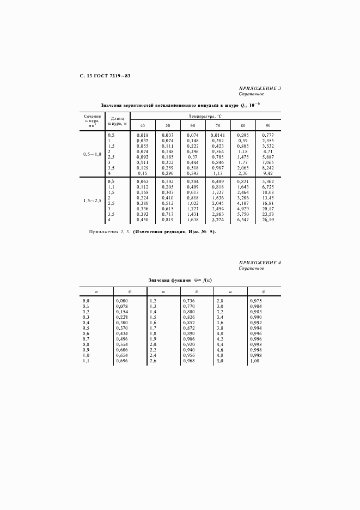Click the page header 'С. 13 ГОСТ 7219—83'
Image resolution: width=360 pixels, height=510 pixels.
[101, 75]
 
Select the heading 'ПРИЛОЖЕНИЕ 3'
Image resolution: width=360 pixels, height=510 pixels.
[260, 88]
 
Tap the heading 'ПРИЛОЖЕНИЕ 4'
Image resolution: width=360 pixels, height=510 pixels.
[260, 263]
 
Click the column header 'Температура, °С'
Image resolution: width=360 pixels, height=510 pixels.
[206, 116]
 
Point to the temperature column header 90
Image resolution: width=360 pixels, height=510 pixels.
[267, 125]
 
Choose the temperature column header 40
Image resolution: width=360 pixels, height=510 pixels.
[142, 125]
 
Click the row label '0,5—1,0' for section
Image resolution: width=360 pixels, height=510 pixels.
[92, 154]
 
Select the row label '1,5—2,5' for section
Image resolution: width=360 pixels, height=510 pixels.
[92, 201]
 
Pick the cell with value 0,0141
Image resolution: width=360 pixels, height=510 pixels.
[217, 135]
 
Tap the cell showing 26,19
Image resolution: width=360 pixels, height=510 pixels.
[267, 221]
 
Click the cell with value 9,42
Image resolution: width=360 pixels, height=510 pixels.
[269, 174]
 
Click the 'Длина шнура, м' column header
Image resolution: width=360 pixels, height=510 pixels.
[119, 120]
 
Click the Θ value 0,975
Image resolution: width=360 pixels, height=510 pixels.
[255, 301]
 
